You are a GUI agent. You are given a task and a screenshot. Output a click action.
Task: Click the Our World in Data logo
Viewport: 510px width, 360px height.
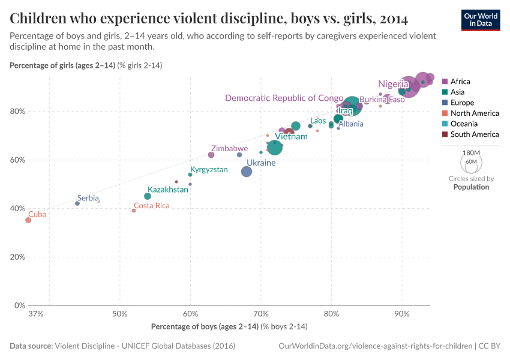[480, 20]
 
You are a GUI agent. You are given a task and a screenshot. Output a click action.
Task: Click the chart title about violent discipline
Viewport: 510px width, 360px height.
[209, 19]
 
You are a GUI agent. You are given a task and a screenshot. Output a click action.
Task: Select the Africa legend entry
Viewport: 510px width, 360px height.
[460, 82]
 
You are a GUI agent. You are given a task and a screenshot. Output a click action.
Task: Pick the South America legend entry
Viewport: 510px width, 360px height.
[474, 134]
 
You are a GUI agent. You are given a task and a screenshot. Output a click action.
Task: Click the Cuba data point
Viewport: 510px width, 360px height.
[28, 220]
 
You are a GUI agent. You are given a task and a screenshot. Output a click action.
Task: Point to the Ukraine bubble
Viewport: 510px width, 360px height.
[247, 172]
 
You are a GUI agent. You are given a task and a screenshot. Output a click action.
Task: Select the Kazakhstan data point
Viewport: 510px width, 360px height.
[148, 196]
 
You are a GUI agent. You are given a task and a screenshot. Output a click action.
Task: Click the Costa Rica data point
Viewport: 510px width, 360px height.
[134, 211]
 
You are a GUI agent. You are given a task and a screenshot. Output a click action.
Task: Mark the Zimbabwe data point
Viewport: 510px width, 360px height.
[211, 155]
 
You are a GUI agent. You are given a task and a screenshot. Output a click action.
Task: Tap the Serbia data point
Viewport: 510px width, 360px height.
[77, 203]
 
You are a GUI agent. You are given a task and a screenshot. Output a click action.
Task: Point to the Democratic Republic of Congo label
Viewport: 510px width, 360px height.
[284, 98]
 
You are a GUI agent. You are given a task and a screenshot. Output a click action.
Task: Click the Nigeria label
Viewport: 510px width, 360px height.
[393, 84]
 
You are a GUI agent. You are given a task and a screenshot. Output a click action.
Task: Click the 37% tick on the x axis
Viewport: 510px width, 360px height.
[36, 314]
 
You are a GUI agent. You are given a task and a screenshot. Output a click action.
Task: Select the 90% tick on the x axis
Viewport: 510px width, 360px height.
[402, 314]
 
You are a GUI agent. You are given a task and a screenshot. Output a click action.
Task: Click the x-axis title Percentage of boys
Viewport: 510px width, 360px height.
[229, 326]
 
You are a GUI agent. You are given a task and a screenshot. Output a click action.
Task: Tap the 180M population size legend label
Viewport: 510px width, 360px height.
[470, 153]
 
